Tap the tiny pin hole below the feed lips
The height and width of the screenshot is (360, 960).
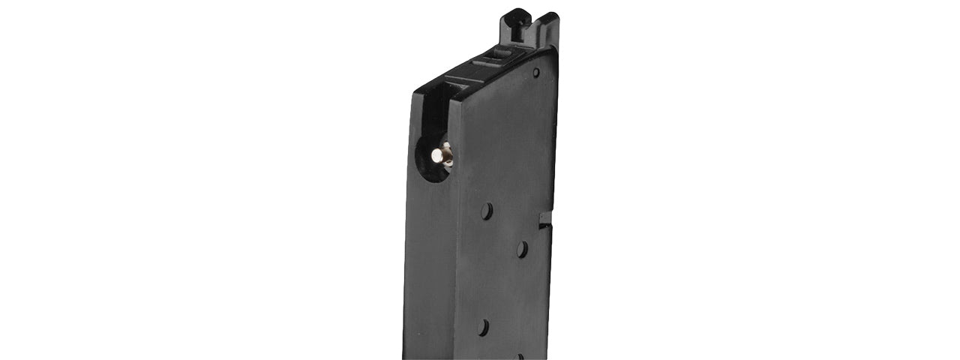pyautogui.click(x=535, y=73)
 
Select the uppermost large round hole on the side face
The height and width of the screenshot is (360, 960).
pyautogui.click(x=487, y=211)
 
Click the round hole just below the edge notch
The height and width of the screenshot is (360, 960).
pyautogui.click(x=521, y=249)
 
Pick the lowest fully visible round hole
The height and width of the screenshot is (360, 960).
pyautogui.click(x=484, y=327)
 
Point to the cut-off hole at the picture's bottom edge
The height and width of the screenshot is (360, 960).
pyautogui.click(x=518, y=357)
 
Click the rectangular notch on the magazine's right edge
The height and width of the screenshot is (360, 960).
pyautogui.click(x=545, y=219)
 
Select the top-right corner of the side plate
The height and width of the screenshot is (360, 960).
pyautogui.click(x=556, y=49)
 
